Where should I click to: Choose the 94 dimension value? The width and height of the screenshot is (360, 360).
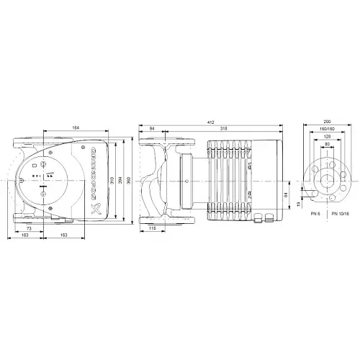click(x=151, y=128)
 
